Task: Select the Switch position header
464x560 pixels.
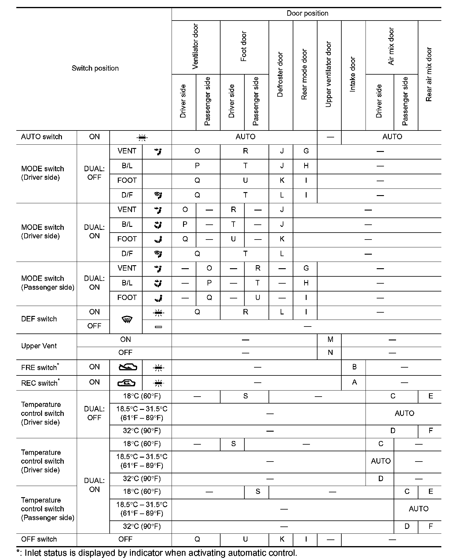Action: (95, 68)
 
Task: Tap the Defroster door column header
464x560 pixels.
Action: (280, 75)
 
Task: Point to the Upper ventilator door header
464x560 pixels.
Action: (329, 75)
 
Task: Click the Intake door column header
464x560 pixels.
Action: (353, 75)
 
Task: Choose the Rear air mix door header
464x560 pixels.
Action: (429, 75)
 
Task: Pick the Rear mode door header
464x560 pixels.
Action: (304, 75)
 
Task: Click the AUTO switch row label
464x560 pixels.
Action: (42, 137)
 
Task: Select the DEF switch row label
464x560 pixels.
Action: (39, 319)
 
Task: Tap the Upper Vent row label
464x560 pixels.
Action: (39, 346)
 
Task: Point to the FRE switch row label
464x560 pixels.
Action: (40, 367)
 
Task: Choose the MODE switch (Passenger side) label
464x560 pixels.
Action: (47, 283)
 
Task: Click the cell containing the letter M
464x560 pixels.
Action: (330, 340)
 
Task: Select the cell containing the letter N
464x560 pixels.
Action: (330, 352)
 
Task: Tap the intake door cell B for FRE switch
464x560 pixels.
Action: (354, 367)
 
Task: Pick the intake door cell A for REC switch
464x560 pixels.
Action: (354, 382)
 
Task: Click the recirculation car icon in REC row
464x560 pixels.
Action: (127, 383)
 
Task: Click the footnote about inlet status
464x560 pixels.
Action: (157, 553)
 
